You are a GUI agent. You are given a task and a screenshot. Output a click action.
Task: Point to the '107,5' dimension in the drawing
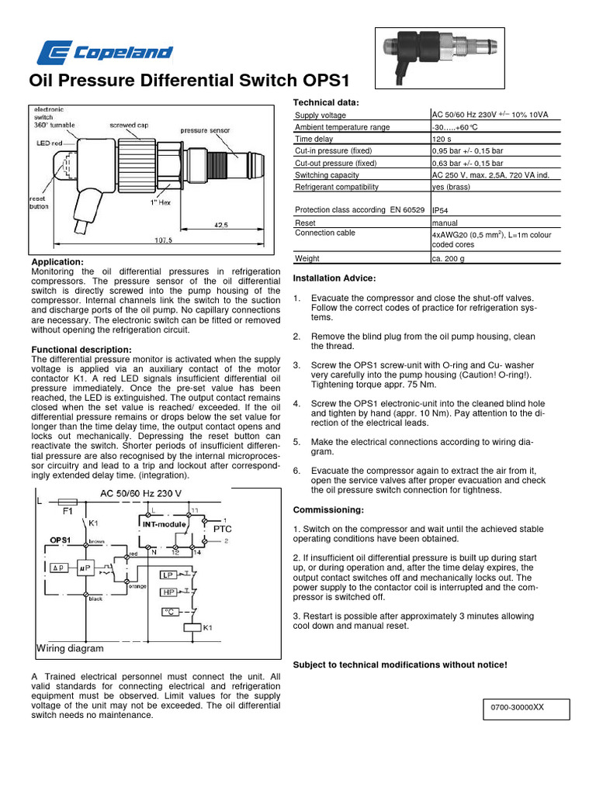tap(163, 240)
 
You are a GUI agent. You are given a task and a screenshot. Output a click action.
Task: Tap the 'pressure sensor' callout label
tap(205, 132)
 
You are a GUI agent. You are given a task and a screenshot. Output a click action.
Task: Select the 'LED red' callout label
tap(50, 143)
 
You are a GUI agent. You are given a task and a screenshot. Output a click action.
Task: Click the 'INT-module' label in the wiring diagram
tap(163, 525)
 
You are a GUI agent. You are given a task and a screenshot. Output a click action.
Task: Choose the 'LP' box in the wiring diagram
tap(168, 575)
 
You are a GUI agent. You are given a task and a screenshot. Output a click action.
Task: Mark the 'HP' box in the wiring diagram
tap(168, 592)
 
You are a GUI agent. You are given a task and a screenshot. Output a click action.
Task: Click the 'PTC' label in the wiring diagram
tap(222, 528)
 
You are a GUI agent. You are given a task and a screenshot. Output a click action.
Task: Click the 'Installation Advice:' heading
tap(334, 278)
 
